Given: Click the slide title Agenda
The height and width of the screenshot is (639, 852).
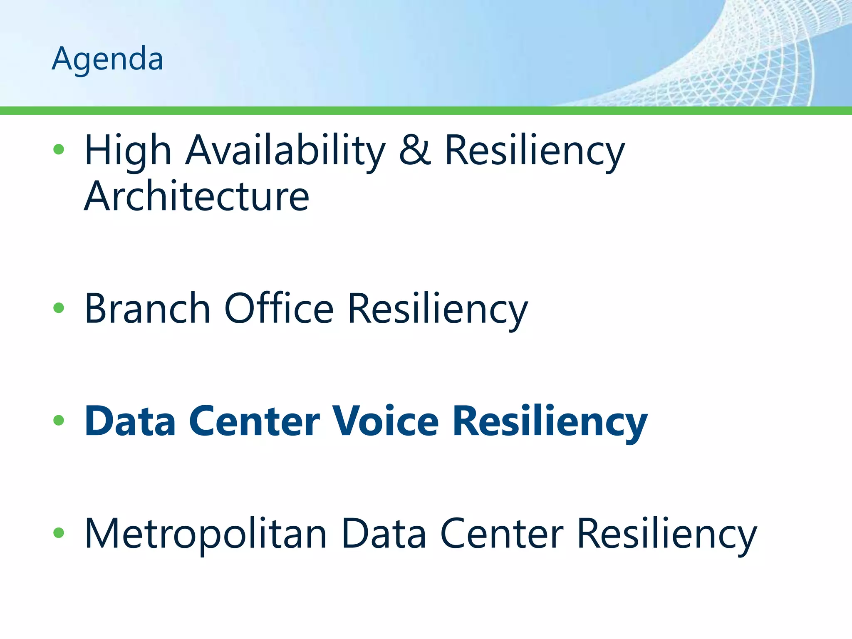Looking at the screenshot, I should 107,59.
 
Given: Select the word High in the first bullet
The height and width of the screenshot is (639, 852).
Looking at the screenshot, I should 128,151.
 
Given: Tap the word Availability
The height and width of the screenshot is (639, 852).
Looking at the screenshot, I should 286,151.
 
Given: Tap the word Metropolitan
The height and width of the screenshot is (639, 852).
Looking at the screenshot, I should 206,534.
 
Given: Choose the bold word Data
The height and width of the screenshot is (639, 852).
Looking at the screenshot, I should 130,421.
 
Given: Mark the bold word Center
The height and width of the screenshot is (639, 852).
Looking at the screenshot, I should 255,421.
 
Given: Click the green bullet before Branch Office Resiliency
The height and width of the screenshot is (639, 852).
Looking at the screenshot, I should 59,308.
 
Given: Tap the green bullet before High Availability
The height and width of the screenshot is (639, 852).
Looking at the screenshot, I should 59,149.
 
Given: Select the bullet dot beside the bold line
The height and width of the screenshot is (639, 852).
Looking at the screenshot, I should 59,420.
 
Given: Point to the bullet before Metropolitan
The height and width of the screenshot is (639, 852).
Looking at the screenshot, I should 59,533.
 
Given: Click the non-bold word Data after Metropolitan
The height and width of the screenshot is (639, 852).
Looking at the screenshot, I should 384,534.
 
